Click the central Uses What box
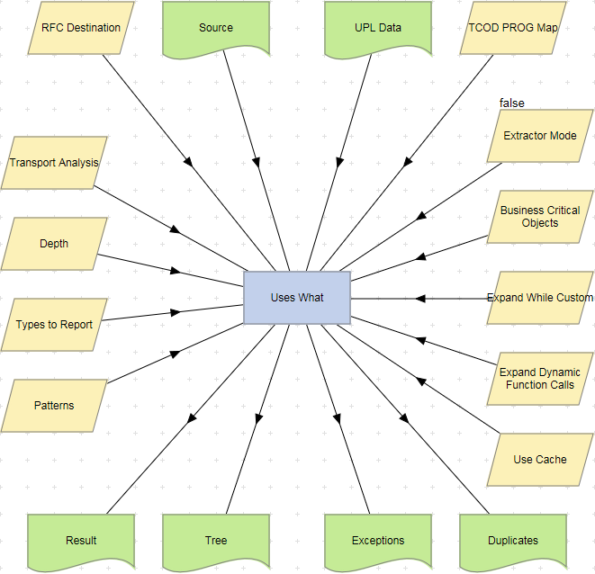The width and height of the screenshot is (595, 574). point(297,298)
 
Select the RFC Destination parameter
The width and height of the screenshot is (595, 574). point(81,28)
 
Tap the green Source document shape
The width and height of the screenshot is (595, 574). point(216,28)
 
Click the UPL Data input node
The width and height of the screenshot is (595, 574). point(378,28)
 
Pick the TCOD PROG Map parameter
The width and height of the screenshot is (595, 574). point(513,28)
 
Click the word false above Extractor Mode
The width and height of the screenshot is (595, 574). point(512,103)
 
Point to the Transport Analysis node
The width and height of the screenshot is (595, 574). point(54,163)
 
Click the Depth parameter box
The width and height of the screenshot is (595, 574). point(54,244)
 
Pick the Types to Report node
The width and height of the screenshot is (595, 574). point(54,325)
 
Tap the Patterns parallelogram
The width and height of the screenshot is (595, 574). point(54,406)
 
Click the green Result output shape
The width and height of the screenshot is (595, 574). point(81,541)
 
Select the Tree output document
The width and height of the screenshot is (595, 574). point(216,541)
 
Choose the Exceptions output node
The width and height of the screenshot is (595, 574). point(378,541)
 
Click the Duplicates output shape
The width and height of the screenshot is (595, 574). point(513,541)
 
